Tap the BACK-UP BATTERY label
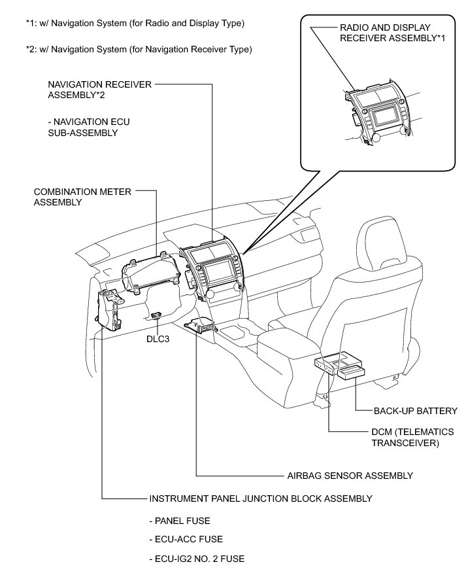click(x=415, y=411)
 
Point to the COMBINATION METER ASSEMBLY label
click(x=82, y=197)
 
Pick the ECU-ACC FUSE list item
click(x=186, y=539)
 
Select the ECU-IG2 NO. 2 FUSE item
click(x=197, y=558)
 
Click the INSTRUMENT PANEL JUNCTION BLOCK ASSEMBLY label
click(x=261, y=498)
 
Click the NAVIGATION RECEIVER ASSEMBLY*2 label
click(x=99, y=90)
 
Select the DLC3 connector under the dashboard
click(x=158, y=315)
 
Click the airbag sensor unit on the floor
click(x=199, y=326)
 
